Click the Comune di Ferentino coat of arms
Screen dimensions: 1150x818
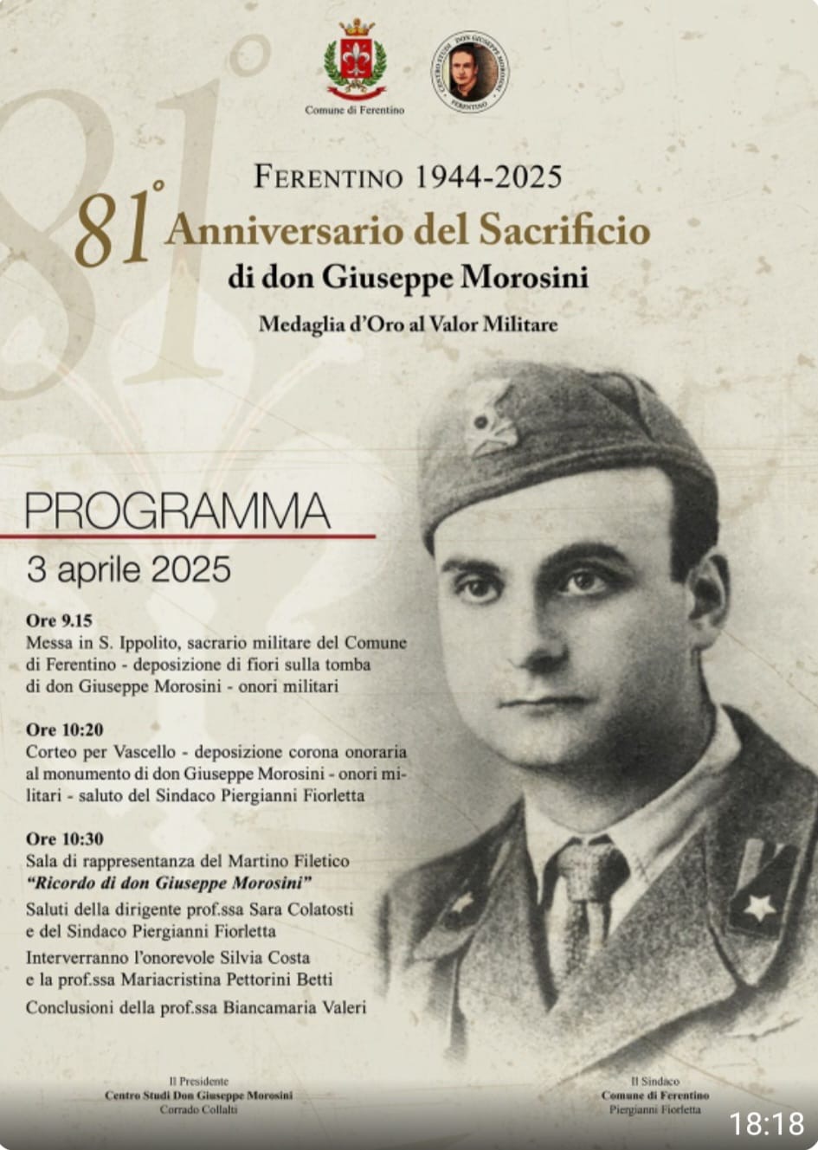(x=355, y=60)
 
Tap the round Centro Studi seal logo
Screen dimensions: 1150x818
(x=469, y=72)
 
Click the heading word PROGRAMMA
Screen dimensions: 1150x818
(x=177, y=511)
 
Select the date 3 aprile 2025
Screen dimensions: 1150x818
(x=129, y=569)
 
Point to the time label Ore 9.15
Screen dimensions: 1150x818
(x=59, y=620)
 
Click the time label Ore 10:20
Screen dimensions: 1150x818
(x=64, y=729)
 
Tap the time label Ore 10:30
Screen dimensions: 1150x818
(x=64, y=838)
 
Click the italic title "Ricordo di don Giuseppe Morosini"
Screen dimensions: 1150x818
(x=169, y=883)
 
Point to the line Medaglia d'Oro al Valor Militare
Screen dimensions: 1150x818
(x=408, y=324)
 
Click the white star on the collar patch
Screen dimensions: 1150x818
(x=759, y=907)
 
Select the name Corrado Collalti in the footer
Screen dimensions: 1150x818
(x=198, y=1109)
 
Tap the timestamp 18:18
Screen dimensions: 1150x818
(x=766, y=1124)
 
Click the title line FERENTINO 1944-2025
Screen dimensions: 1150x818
(x=408, y=177)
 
